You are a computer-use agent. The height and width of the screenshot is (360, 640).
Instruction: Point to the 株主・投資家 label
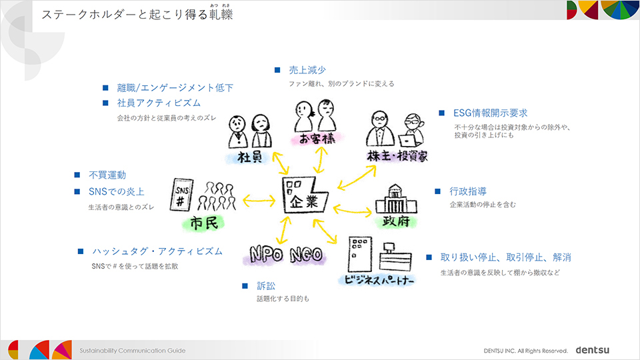pos(397,156)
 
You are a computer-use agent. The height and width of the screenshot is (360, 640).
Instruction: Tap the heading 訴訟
pos(266,286)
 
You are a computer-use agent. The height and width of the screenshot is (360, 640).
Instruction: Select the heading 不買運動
pos(107,175)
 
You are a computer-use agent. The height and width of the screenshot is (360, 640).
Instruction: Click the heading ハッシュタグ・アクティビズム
pos(157,251)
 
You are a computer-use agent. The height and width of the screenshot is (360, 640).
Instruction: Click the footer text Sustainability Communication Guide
pos(133,350)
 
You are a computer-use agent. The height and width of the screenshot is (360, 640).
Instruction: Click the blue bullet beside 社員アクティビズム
pos(105,103)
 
